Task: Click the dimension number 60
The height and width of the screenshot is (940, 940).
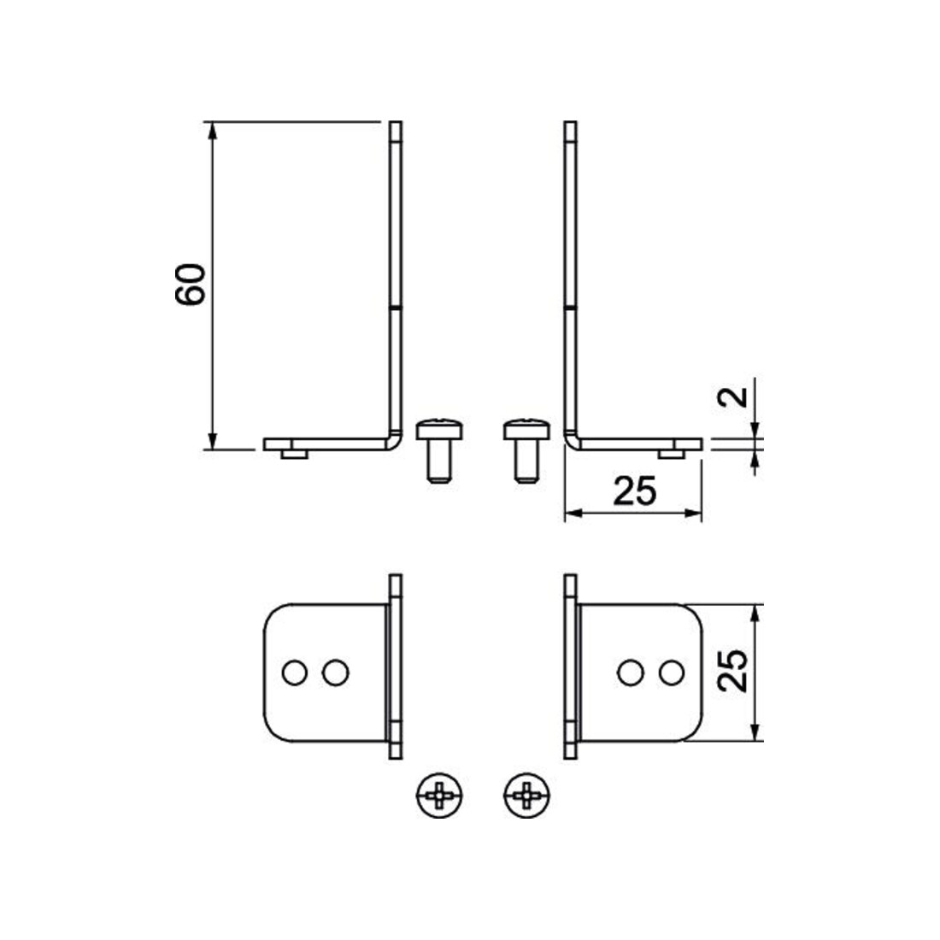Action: coord(191,285)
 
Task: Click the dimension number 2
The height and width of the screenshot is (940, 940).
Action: coord(733,397)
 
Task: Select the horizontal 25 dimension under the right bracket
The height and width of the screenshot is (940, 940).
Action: coord(635,491)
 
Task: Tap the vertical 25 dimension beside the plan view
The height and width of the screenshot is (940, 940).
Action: coord(733,671)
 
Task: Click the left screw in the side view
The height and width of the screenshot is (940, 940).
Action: coord(439,449)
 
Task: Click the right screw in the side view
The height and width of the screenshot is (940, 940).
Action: coord(526,449)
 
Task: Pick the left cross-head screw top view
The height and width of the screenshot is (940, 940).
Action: coord(439,796)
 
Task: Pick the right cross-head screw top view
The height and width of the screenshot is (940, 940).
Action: coord(527,796)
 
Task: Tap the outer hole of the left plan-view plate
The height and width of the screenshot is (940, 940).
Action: coord(294,673)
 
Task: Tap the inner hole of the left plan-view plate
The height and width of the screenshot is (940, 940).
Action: coord(335,673)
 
